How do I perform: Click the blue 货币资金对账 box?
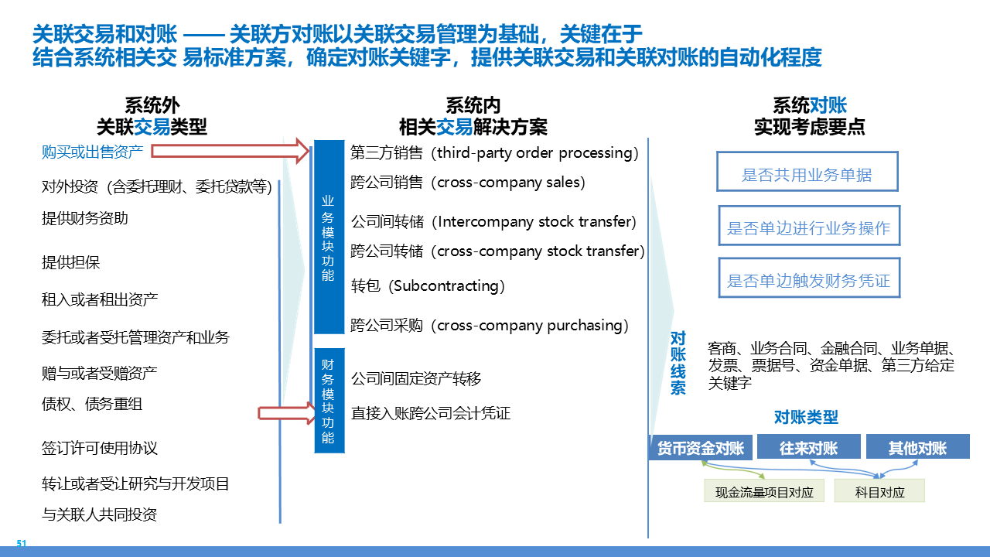click(700, 447)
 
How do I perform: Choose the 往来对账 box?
click(808, 447)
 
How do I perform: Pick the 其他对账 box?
click(917, 447)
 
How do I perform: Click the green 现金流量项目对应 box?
click(764, 491)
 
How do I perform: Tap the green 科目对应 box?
click(879, 491)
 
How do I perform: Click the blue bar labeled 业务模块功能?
click(328, 237)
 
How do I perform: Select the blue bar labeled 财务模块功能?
click(329, 400)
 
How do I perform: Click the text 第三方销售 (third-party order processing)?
click(494, 152)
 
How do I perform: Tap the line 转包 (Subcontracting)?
click(428, 285)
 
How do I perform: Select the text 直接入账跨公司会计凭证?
click(431, 413)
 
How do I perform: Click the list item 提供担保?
click(71, 262)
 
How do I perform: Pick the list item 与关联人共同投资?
click(100, 514)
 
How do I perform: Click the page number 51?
click(22, 544)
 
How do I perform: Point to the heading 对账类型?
click(806, 418)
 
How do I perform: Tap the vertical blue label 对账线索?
click(678, 363)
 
